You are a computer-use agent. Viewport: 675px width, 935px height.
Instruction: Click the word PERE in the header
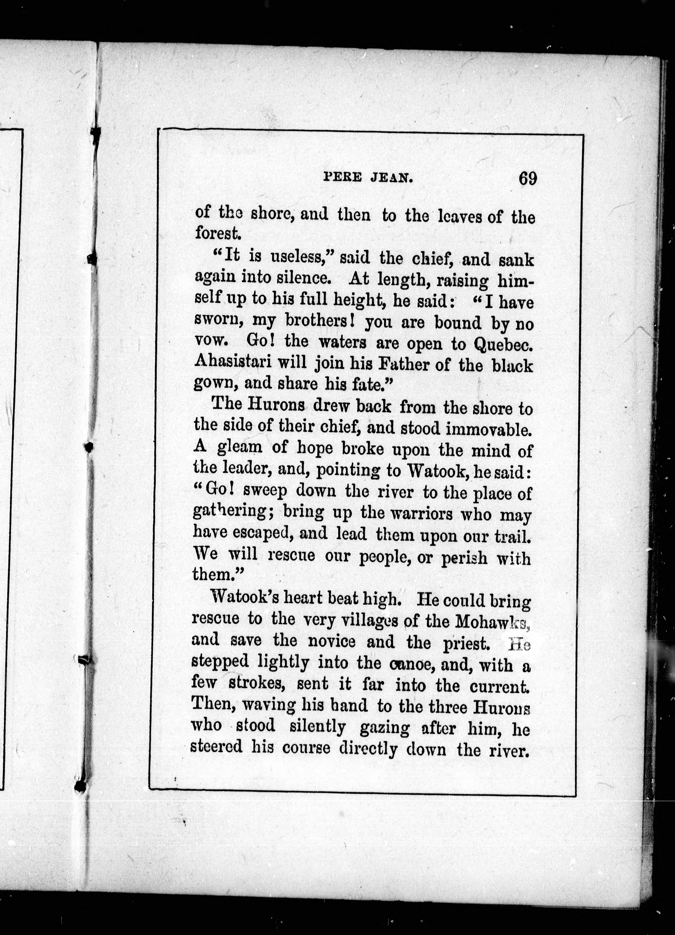(x=341, y=178)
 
